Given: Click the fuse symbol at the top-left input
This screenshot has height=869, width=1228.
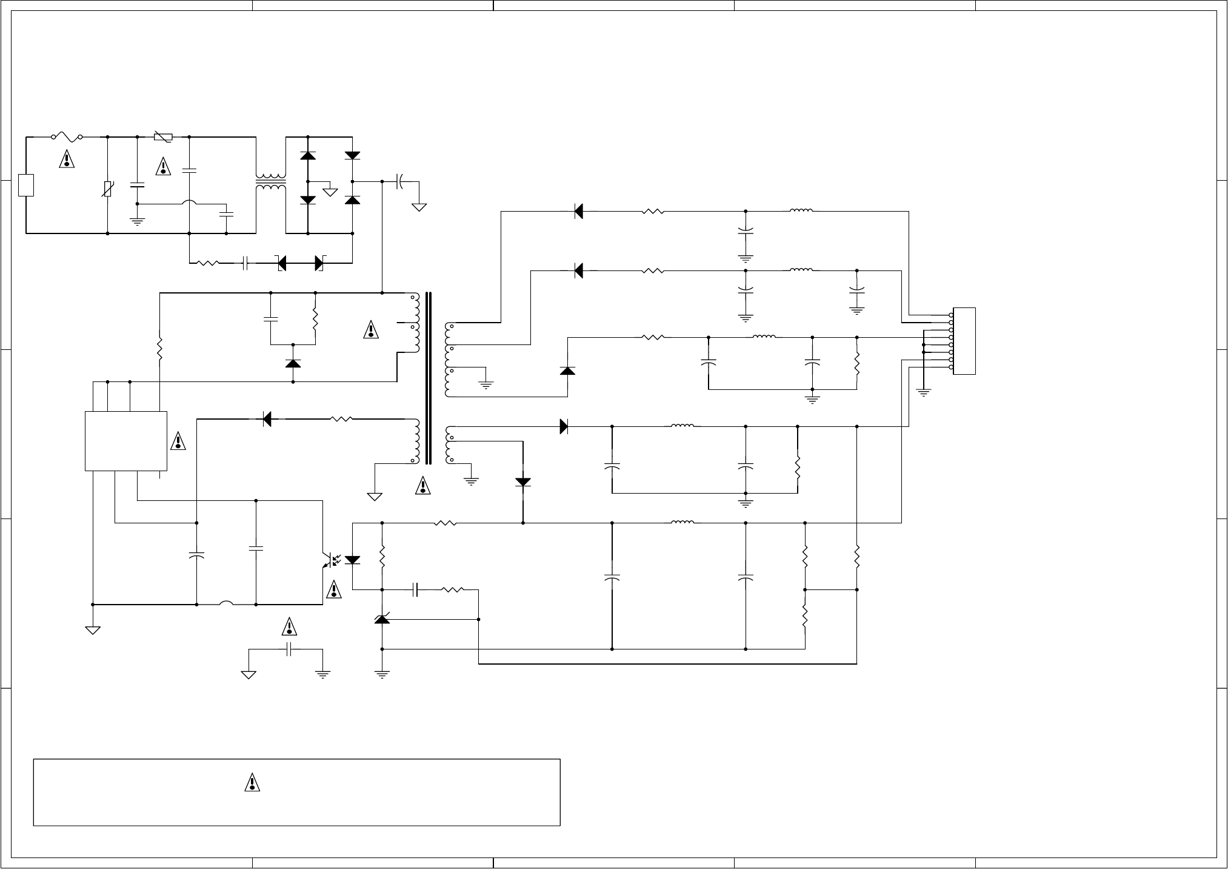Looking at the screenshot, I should click(67, 138).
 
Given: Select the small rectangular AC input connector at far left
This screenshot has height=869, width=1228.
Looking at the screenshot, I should click(26, 185).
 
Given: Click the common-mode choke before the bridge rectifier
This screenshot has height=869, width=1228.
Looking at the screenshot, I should click(270, 182).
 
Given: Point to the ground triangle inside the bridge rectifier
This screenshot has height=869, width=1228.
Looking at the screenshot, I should click(330, 192).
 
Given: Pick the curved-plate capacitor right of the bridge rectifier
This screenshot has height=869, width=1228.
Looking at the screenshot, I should click(400, 181).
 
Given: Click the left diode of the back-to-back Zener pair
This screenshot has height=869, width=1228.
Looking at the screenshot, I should click(282, 263).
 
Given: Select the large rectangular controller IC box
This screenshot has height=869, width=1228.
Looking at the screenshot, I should click(126, 441).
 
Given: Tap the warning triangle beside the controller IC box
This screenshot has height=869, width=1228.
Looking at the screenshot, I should click(178, 441).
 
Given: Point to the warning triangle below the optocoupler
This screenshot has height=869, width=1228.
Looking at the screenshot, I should click(333, 590).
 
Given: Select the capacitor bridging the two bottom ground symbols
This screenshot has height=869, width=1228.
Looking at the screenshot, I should click(290, 649).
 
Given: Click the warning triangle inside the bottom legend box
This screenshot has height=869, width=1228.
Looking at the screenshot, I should click(252, 783).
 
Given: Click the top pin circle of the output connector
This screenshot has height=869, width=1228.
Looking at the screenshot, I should click(950, 315).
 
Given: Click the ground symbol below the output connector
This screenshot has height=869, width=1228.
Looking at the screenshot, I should click(923, 392).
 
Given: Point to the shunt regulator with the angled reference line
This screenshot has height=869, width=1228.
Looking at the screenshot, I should click(382, 619).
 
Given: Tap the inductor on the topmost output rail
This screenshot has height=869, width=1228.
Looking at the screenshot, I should click(801, 211).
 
